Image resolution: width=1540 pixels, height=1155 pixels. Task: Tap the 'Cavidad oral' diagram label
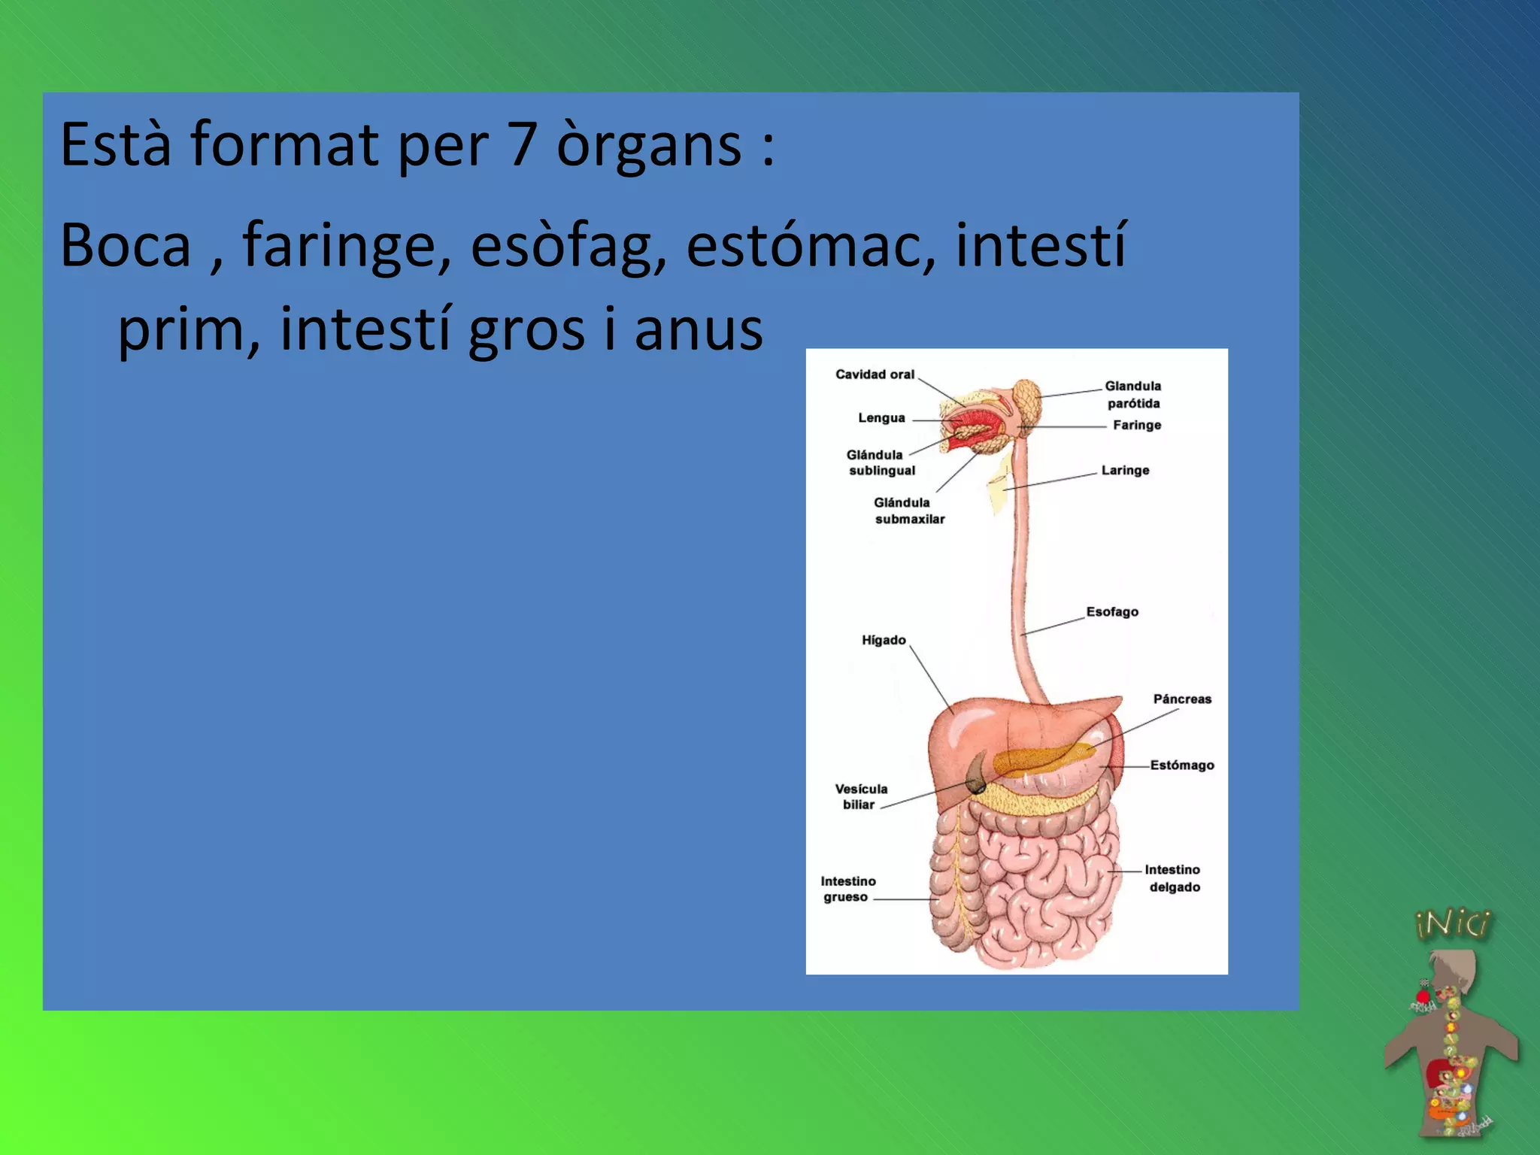[875, 374]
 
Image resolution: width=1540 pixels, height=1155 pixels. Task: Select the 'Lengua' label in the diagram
[881, 418]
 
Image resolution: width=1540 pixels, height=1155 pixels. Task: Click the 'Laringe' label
[1125, 471]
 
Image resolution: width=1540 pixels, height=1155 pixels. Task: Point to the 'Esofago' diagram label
[1112, 612]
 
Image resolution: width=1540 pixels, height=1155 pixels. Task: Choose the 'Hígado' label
[884, 641]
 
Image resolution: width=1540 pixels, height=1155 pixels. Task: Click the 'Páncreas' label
[1182, 699]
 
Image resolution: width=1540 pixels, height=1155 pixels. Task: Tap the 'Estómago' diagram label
[1182, 765]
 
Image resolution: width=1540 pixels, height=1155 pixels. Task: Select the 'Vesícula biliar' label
[861, 797]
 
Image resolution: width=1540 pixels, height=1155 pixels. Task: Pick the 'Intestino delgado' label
[1173, 878]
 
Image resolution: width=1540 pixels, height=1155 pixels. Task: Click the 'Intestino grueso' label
[847, 889]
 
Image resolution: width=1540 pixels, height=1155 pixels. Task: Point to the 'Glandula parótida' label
[1133, 395]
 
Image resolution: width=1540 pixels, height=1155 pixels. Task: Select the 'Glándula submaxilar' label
[908, 511]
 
